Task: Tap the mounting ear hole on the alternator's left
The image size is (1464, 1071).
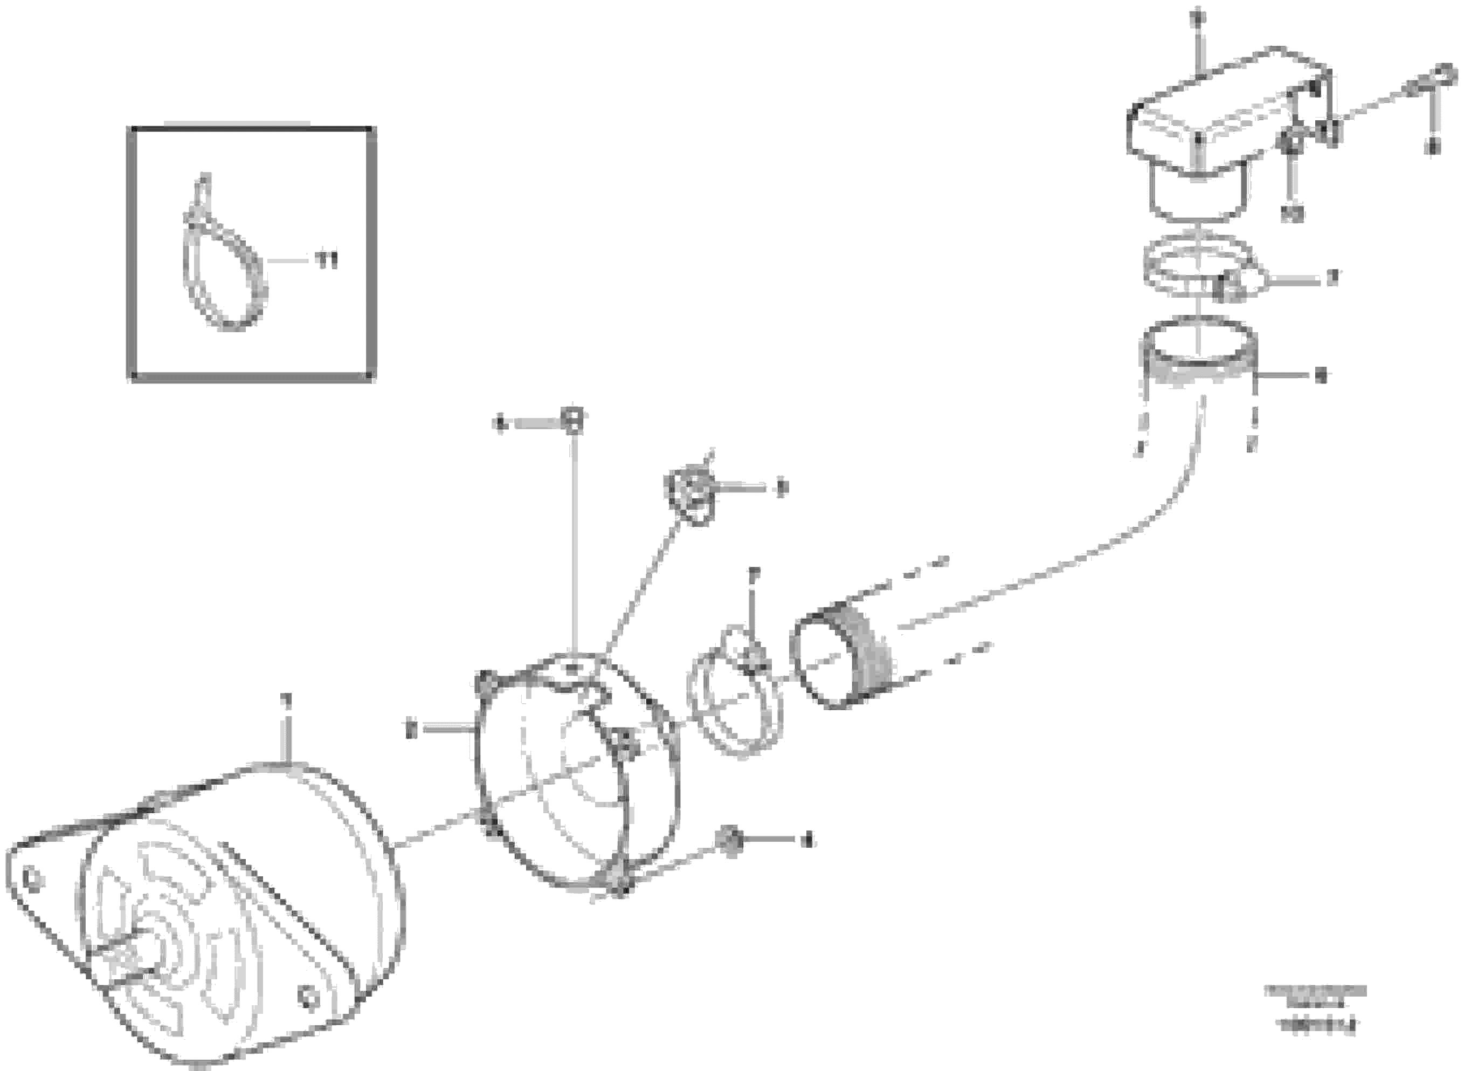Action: coord(29,879)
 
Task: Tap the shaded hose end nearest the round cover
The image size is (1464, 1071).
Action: coord(843,655)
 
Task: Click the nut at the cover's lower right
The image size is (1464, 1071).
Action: coord(730,841)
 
